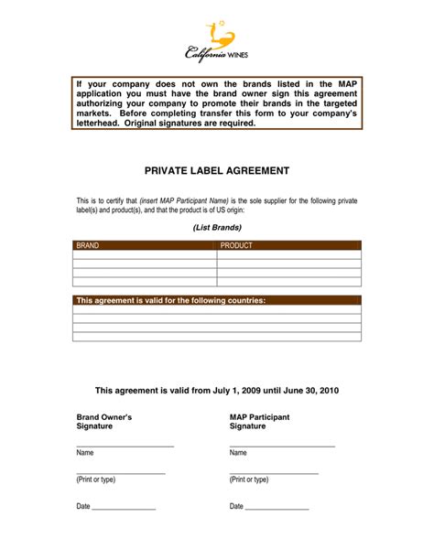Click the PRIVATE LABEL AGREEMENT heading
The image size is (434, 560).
[x=217, y=171]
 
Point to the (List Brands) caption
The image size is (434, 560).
[x=217, y=226]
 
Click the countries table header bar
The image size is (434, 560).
[x=217, y=300]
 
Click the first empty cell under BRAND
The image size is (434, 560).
[x=145, y=255]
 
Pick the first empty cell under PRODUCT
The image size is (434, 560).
[x=288, y=255]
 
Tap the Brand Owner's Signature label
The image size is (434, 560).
[x=103, y=421]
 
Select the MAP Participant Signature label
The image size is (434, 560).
[x=259, y=421]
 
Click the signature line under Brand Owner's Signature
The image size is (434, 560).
[x=125, y=446]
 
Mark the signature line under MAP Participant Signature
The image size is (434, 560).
[x=282, y=446]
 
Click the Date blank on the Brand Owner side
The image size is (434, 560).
[x=124, y=507]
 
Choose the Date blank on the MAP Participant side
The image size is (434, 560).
[x=277, y=507]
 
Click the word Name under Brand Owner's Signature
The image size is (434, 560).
[x=85, y=453]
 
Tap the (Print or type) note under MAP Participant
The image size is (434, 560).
[x=249, y=479]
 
